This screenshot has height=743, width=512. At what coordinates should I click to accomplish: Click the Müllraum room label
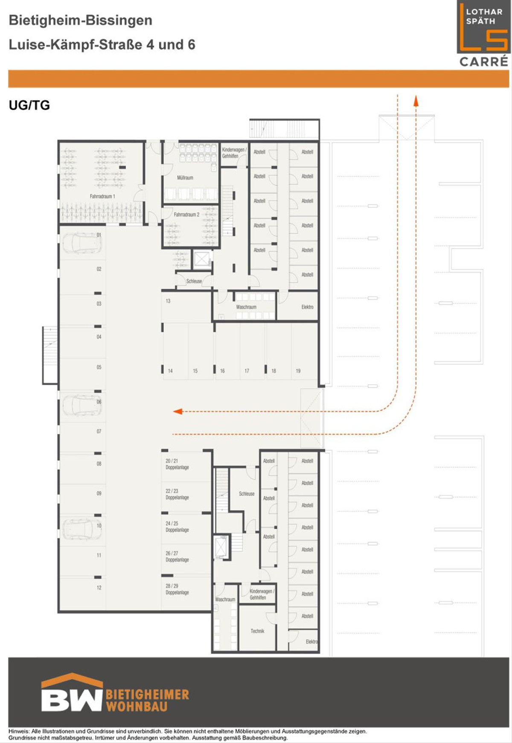[x=185, y=178]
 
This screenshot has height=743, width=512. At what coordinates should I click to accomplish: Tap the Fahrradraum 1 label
[x=102, y=196]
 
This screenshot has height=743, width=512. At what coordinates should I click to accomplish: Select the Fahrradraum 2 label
[x=186, y=215]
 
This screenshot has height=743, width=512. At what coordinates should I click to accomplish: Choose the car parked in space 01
[x=82, y=243]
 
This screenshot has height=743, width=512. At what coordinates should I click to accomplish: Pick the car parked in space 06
[x=82, y=405]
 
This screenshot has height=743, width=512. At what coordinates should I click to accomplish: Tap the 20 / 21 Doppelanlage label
[x=177, y=464]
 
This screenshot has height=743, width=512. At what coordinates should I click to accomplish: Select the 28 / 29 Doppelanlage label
[x=177, y=589]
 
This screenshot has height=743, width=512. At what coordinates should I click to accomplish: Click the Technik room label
[x=257, y=631]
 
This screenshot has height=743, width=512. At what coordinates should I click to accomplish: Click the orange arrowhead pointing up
[x=416, y=101]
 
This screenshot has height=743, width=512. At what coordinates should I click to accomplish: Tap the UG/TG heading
[x=29, y=105]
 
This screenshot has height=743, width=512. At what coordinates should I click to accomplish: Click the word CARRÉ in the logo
[x=484, y=62]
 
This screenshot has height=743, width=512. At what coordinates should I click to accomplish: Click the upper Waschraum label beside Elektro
[x=246, y=307]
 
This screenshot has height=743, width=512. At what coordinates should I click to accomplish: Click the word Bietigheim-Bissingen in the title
[x=81, y=20]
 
